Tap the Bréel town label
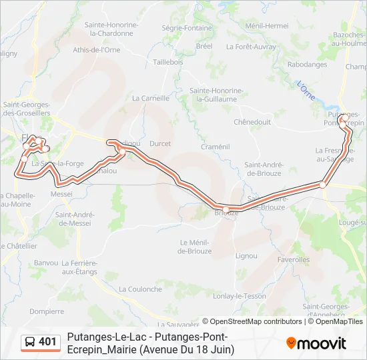coord(204,46)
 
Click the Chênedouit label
coord(252,122)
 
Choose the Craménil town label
coord(215,147)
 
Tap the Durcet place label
coord(160,143)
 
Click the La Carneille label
coord(151,98)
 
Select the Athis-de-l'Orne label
coord(97,50)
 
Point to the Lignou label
coord(246,255)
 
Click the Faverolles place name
coord(293,259)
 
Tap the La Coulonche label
coord(140,289)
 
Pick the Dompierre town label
coord(47,311)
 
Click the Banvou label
coord(46,263)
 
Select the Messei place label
coord(61,194)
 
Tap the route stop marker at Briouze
coord(226,209)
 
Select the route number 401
coord(48,342)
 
